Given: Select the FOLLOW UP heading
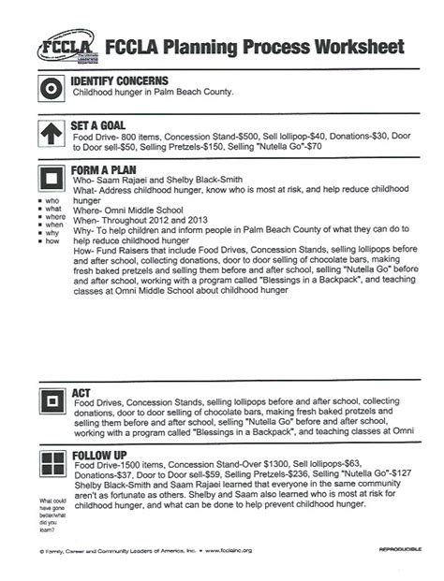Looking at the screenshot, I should tap(101, 456).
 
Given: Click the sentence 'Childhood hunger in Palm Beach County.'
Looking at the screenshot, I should tap(166, 93).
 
